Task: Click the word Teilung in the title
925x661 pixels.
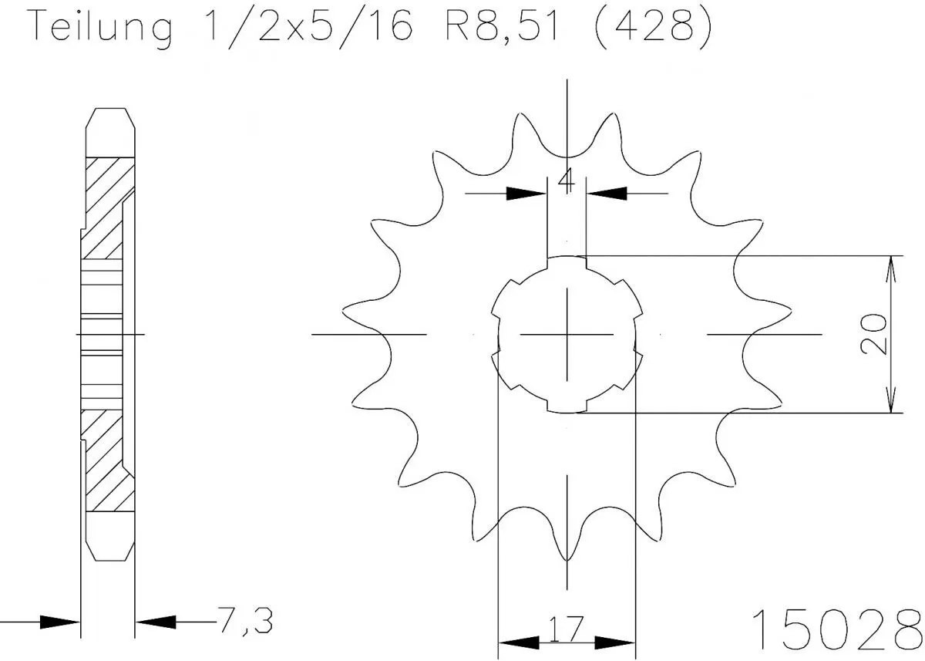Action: point(100,27)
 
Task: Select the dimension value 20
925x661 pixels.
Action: point(873,333)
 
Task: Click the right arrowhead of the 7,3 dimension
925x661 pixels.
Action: point(153,620)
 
